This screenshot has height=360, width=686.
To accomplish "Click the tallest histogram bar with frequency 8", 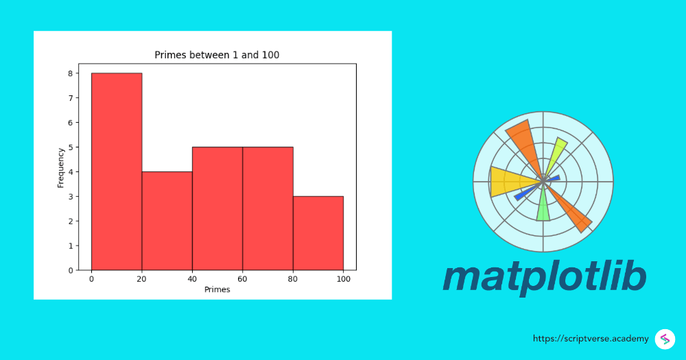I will [x=117, y=171].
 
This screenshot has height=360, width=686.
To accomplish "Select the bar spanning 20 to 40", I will [x=167, y=221].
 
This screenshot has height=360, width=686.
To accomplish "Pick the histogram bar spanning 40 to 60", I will [x=217, y=208].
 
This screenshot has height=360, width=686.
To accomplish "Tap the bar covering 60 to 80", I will [x=268, y=208].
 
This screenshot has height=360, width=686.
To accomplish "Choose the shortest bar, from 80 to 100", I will [x=318, y=233].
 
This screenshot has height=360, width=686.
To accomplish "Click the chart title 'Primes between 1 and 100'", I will [x=217, y=55].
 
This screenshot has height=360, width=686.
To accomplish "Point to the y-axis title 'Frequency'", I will [x=60, y=167].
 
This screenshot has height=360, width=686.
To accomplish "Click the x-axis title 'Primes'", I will [x=217, y=289].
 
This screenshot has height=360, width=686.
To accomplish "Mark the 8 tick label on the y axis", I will [x=70, y=73].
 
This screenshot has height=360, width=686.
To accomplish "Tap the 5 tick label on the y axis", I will [x=70, y=147].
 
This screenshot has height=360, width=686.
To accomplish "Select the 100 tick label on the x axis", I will [x=343, y=279].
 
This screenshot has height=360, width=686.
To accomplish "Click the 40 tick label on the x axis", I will [x=192, y=279].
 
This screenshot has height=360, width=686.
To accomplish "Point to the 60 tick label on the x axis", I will [x=242, y=279].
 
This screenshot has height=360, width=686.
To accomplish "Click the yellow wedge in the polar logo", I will [x=508, y=182].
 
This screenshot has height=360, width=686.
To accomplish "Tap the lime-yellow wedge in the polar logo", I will [x=557, y=154].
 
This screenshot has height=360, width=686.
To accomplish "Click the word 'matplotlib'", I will [x=544, y=276].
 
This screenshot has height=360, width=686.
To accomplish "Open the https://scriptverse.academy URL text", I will [x=591, y=339].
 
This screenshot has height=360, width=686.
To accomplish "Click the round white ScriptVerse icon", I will [x=665, y=339].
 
